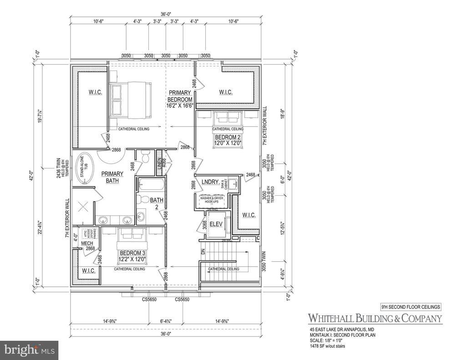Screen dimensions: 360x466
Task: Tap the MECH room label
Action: [x=87, y=243]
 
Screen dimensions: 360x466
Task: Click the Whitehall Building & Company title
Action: [x=375, y=318]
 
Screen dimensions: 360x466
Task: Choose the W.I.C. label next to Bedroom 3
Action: [x=88, y=271]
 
